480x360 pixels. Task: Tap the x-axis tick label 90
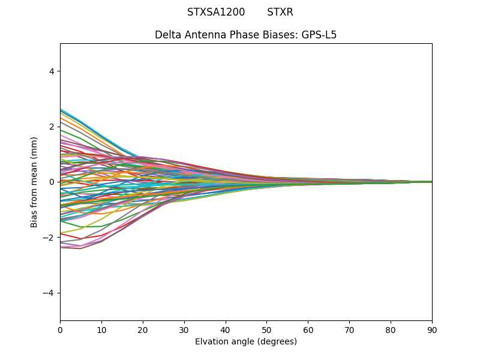[432, 329]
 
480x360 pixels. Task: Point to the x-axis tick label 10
[101, 329]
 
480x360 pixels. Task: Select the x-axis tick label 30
[184, 329]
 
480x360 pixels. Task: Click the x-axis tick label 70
[349, 329]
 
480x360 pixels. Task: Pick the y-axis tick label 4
[52, 71]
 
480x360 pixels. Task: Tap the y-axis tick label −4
[50, 293]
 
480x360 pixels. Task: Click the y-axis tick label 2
[52, 127]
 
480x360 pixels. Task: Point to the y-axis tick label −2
[50, 238]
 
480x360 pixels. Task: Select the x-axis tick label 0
[60, 329]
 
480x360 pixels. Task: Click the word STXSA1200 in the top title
[216, 12]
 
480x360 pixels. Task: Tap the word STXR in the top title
[280, 12]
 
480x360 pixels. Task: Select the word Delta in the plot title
[168, 35]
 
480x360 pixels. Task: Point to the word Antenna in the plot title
[204, 35]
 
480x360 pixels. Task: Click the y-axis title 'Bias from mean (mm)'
[35, 182]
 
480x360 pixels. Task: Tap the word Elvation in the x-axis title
[213, 342]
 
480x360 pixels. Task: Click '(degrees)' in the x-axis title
[276, 342]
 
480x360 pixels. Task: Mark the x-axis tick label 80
[391, 329]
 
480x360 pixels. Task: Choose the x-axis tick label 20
[143, 329]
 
